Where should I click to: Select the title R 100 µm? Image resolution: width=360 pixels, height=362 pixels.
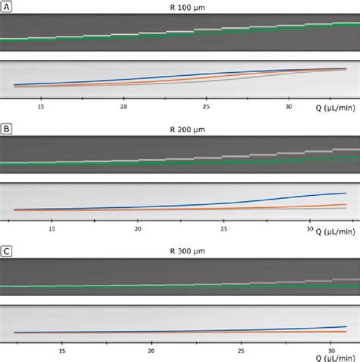click(x=180, y=7)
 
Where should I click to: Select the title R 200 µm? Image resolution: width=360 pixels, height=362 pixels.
click(x=180, y=129)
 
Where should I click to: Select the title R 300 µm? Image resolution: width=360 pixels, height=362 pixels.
click(x=180, y=250)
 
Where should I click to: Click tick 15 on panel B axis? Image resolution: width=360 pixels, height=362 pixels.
click(x=52, y=228)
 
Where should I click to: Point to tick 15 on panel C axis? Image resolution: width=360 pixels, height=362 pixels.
click(x=62, y=350)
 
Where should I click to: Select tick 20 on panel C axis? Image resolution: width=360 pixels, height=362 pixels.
click(x=152, y=350)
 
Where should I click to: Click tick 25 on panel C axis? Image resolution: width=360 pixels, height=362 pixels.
click(x=242, y=350)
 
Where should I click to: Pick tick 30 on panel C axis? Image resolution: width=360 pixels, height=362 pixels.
click(x=330, y=350)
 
